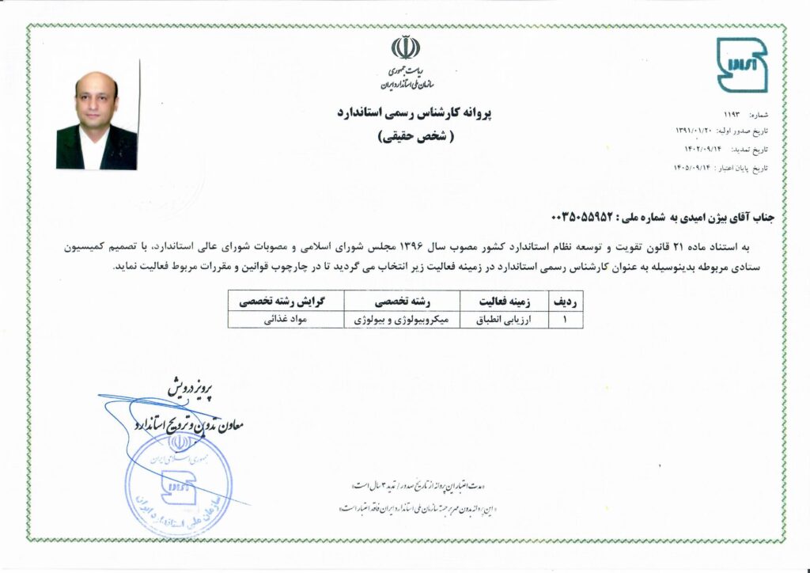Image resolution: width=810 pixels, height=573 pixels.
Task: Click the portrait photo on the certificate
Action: [97, 120]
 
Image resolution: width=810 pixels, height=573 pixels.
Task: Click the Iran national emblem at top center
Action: [405, 48]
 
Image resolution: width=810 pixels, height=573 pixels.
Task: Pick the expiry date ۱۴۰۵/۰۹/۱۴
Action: [696, 169]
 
